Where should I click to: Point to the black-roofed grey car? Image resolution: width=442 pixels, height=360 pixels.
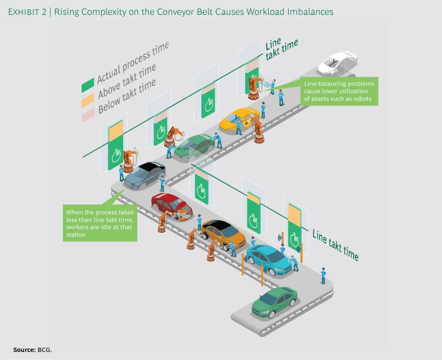click(x=144, y=173)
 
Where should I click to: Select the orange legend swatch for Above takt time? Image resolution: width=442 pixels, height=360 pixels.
click(x=87, y=100)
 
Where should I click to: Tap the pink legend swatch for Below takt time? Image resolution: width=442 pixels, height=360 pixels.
click(x=87, y=116)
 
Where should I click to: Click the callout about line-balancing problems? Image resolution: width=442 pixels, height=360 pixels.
click(x=340, y=91)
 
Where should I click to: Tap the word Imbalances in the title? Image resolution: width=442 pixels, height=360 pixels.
click(x=308, y=12)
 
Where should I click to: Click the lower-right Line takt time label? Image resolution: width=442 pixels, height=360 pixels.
click(x=336, y=245)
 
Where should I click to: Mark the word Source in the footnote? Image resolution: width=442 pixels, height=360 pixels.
click(x=24, y=350)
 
